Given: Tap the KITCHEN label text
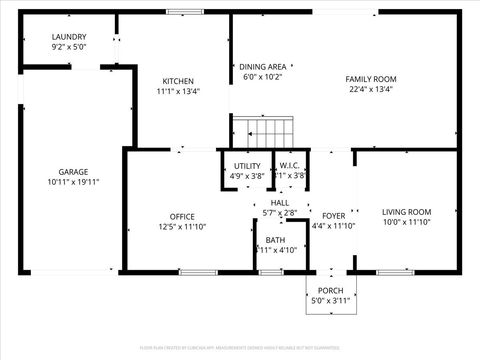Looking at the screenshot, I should (178, 81).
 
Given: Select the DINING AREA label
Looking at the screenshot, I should (263, 67).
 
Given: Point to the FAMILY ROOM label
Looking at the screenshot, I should (371, 78).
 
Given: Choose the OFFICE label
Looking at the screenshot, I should (182, 216).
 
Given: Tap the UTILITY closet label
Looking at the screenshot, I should (247, 166).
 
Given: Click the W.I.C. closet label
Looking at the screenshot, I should (290, 166).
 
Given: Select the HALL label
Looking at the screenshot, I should (279, 203).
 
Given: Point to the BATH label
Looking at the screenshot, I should (274, 240).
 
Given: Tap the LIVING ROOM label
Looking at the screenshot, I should (407, 212).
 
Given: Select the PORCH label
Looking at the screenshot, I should (330, 291).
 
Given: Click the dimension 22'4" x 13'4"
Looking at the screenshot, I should (371, 89).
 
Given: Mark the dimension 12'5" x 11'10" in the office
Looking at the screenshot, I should (182, 227).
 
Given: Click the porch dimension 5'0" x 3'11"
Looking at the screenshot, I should (330, 301).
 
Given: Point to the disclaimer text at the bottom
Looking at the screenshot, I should (240, 347).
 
